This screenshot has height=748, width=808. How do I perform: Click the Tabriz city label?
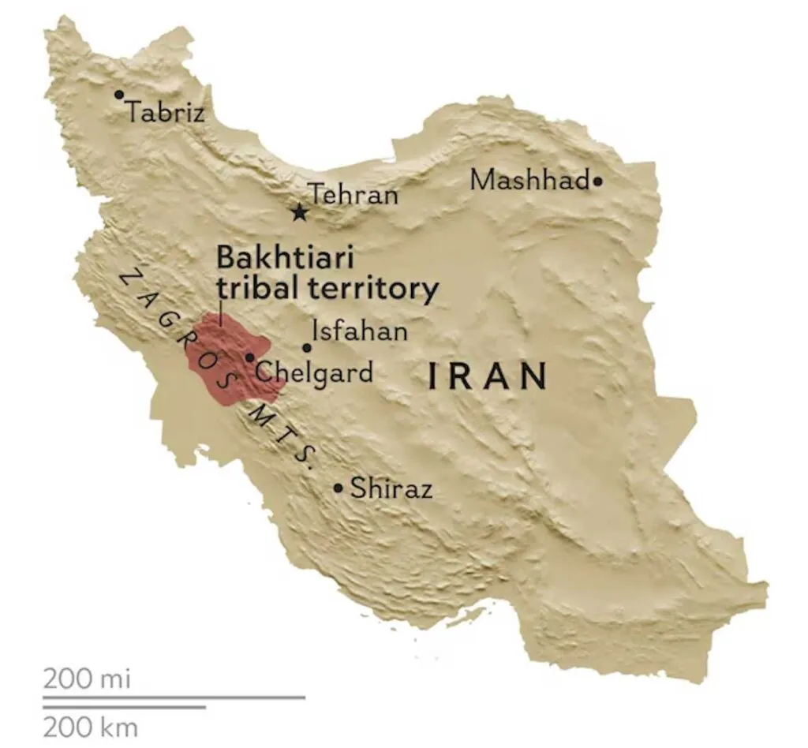(166, 112)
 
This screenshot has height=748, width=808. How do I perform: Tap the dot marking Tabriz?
(119, 95)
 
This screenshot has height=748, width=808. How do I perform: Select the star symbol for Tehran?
(299, 212)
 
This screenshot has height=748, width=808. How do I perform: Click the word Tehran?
(353, 194)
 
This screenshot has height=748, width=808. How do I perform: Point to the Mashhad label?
(530, 181)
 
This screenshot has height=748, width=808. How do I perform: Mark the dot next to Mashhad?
(597, 181)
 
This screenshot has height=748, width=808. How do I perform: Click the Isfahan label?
(360, 331)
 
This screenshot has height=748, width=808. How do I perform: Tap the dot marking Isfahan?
(307, 348)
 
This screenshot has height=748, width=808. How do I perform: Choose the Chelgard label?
(314, 371)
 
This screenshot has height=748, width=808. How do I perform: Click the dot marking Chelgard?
(249, 357)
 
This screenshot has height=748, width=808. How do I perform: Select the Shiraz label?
(391, 488)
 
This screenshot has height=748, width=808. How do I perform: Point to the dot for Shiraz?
(339, 488)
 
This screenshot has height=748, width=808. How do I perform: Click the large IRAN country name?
(488, 376)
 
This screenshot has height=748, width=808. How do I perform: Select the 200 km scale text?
(90, 726)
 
